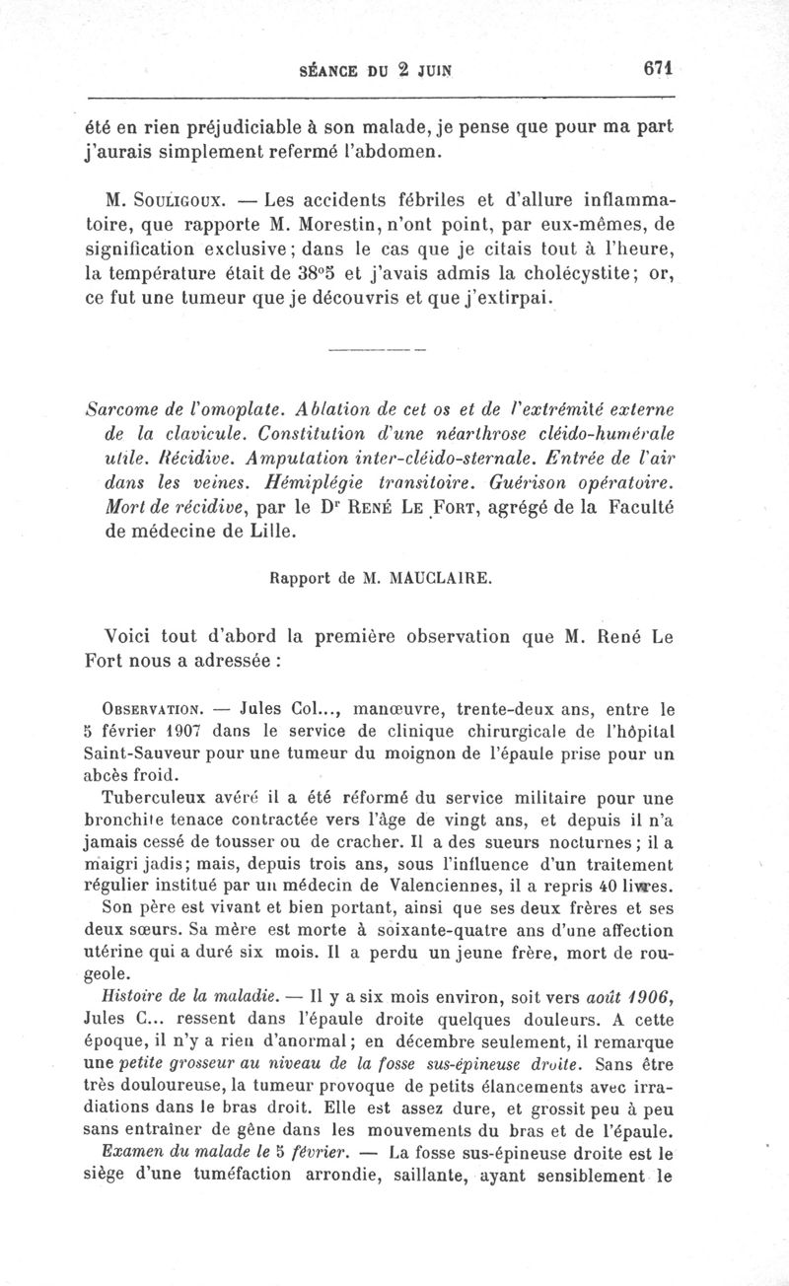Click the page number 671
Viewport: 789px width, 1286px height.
click(656, 69)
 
